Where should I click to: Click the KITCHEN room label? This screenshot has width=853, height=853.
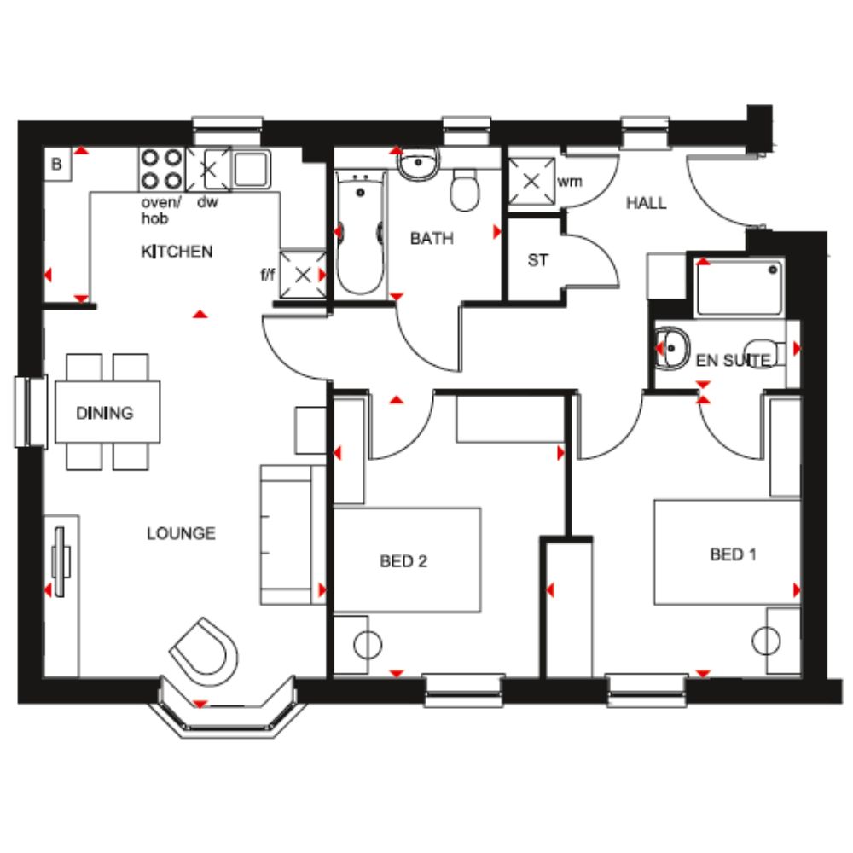pyautogui.click(x=177, y=252)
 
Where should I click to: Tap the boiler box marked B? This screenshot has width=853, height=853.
pyautogui.click(x=58, y=165)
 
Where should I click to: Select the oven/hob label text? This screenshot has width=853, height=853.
pyautogui.click(x=160, y=211)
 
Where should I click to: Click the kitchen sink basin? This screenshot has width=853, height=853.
pyautogui.click(x=252, y=169)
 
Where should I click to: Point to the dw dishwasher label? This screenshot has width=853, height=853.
pyautogui.click(x=207, y=202)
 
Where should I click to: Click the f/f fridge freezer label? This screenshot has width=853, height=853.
pyautogui.click(x=268, y=274)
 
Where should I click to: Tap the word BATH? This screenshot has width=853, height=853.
pyautogui.click(x=432, y=238)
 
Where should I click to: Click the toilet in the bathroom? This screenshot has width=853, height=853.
pyautogui.click(x=465, y=190)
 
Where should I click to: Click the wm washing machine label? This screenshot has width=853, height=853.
pyautogui.click(x=570, y=182)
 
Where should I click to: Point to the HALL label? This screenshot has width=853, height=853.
pyautogui.click(x=647, y=203)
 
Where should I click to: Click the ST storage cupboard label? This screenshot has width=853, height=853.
pyautogui.click(x=538, y=260)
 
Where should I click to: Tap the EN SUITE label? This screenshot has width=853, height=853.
pyautogui.click(x=734, y=360)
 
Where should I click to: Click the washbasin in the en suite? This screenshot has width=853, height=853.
pyautogui.click(x=672, y=349)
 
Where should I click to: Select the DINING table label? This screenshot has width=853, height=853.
pyautogui.click(x=104, y=413)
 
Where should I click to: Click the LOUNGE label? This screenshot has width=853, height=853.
pyautogui.click(x=181, y=533)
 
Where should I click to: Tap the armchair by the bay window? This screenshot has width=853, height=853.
pyautogui.click(x=205, y=652)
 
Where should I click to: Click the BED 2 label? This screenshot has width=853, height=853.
pyautogui.click(x=403, y=561)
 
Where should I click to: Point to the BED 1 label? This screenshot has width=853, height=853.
pyautogui.click(x=734, y=554)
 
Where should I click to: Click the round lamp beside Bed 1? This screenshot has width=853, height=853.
pyautogui.click(x=766, y=641)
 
